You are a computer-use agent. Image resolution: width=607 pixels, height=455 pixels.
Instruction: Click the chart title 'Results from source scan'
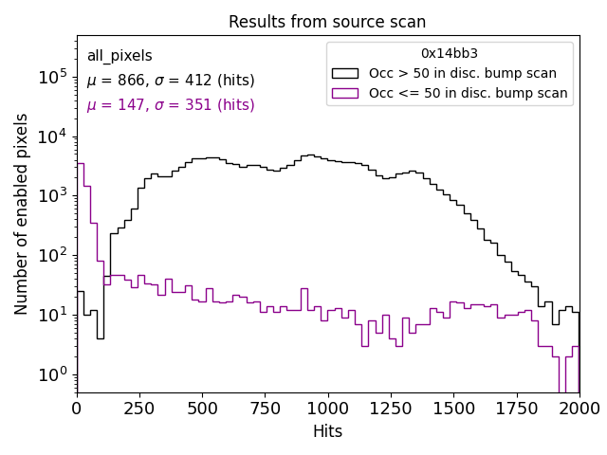point(327,22)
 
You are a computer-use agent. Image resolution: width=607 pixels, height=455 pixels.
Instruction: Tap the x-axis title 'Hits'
point(327,431)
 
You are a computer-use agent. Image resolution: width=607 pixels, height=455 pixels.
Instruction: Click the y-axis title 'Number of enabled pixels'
point(22,214)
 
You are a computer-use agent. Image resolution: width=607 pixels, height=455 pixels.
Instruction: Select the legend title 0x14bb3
point(450,53)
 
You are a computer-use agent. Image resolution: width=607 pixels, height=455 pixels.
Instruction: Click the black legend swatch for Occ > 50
point(345,73)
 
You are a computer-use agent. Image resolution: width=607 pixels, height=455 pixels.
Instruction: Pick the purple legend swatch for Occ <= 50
point(345,93)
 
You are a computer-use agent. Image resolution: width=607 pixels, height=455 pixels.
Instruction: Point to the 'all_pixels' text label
point(120,56)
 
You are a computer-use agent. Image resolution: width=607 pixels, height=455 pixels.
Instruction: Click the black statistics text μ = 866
point(171,81)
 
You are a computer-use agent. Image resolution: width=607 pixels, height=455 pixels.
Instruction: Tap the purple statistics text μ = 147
point(171,105)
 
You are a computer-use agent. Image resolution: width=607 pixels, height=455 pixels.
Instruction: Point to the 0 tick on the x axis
point(77,408)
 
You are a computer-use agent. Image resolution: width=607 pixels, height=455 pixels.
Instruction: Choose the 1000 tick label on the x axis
point(328,408)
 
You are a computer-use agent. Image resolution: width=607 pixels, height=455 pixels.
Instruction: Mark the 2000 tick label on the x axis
point(579,408)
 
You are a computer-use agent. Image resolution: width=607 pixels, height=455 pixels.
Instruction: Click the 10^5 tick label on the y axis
point(52,77)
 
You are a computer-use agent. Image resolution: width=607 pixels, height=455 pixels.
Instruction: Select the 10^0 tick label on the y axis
point(52,373)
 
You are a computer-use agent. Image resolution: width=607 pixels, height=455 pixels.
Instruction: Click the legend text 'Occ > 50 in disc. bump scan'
point(463,73)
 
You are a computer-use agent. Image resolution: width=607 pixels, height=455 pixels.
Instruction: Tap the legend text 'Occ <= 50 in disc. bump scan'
point(468,93)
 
